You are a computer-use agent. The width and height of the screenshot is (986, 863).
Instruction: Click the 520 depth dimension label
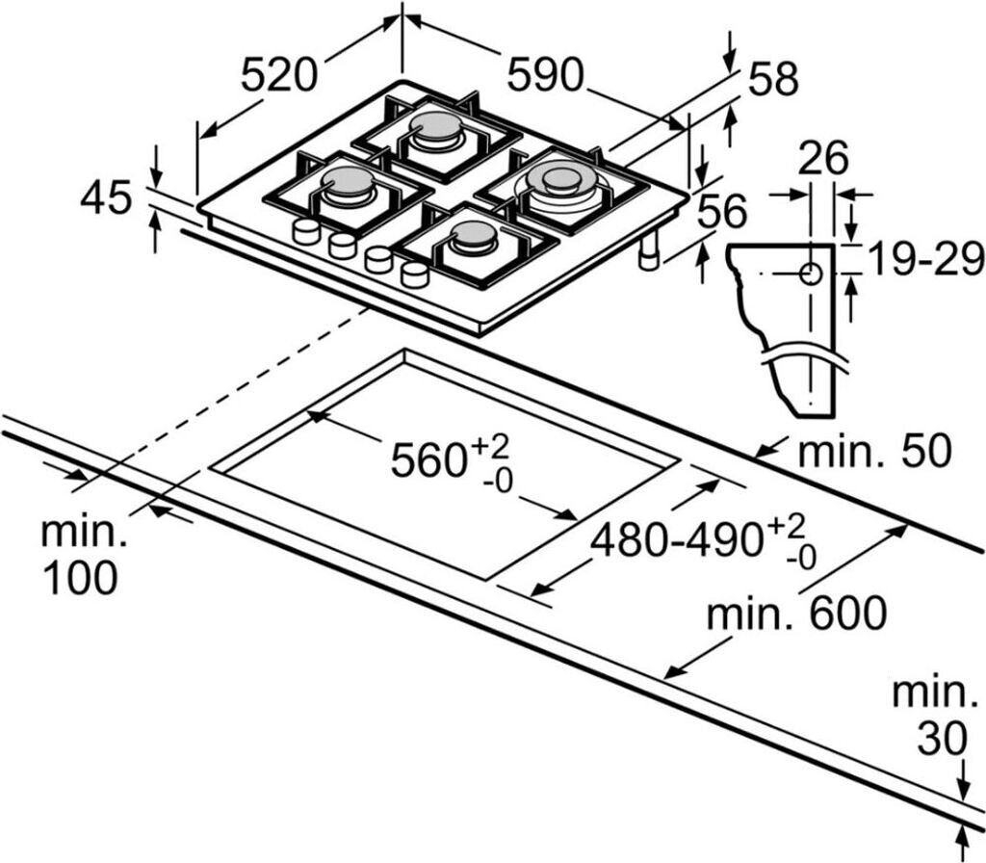tap(278, 75)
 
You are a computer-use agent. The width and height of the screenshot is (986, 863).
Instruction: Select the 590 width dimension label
tap(546, 75)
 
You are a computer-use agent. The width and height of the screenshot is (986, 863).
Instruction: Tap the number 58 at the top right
tap(773, 79)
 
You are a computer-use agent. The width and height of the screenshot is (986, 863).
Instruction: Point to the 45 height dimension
tap(106, 198)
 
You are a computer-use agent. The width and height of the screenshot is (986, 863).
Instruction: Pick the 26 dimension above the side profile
tap(824, 158)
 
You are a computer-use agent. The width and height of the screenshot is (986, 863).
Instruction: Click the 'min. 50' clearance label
tap(875, 451)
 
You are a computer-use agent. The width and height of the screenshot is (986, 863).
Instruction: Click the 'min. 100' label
tap(80, 556)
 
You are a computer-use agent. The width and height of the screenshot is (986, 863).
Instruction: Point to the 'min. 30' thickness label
tap(932, 716)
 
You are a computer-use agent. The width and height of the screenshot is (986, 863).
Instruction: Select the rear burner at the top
tap(437, 131)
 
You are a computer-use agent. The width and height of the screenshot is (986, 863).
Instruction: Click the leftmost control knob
tap(306, 231)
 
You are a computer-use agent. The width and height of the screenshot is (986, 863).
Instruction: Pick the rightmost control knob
tap(415, 275)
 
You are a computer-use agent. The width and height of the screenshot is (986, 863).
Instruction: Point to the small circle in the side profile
tap(810, 274)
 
